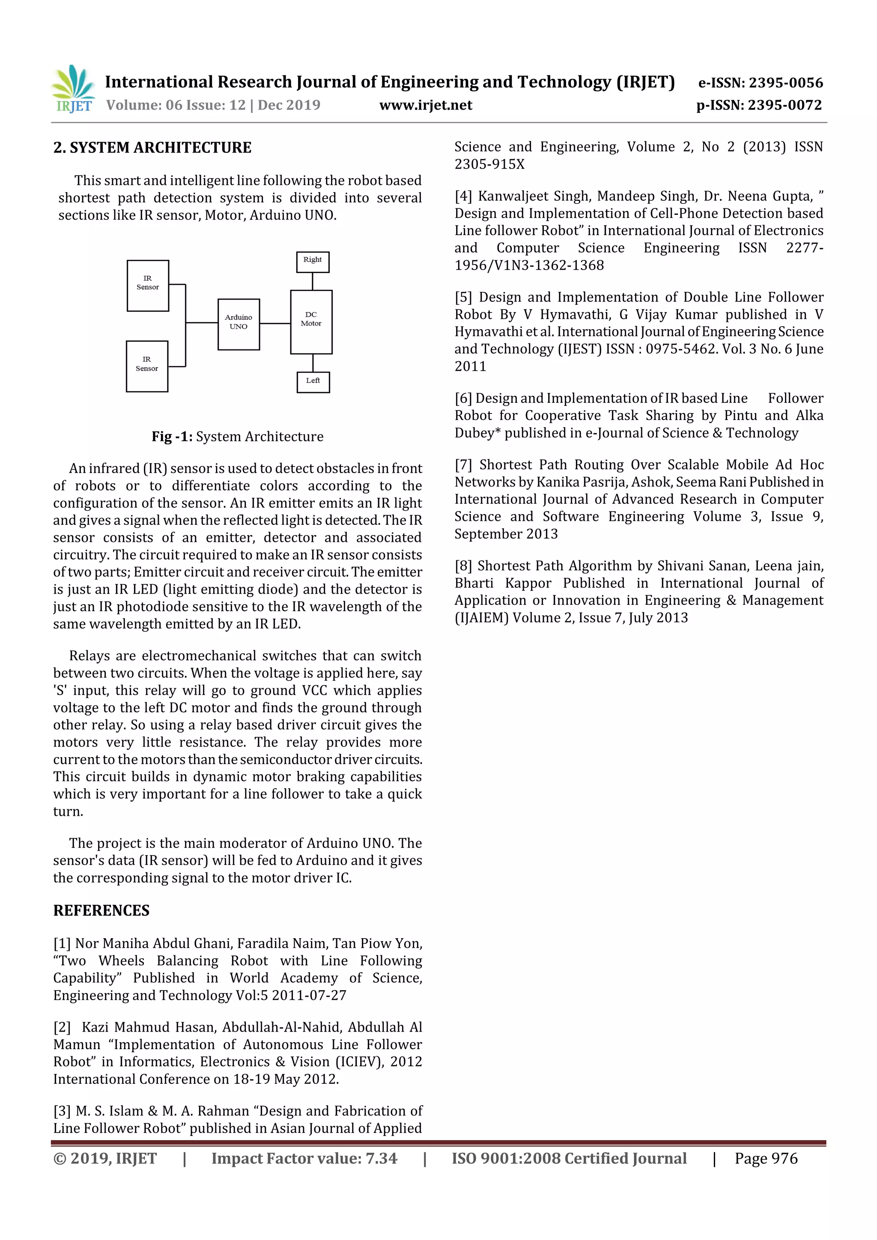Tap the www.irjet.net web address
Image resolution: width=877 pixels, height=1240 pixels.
point(425,105)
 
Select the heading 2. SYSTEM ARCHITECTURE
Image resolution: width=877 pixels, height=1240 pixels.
point(152,147)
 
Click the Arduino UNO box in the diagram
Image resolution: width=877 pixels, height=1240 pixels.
point(238,324)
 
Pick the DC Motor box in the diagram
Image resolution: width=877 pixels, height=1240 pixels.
point(311,321)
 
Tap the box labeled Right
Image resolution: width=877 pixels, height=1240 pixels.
point(312,262)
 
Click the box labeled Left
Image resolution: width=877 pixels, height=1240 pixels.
point(313,382)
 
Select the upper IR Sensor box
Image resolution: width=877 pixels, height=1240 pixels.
point(147,285)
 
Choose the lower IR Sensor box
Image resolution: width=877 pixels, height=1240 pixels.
point(147,366)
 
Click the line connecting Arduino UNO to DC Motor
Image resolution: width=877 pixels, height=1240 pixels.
point(275,324)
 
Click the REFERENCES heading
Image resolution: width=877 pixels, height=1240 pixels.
point(101,910)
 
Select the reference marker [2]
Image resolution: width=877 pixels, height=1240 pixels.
point(62,1027)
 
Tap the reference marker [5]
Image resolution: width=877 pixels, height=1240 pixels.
point(463,297)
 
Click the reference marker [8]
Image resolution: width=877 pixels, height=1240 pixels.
point(463,565)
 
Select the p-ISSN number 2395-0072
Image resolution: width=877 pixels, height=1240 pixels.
point(785,105)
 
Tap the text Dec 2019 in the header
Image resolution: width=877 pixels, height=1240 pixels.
point(289,105)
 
